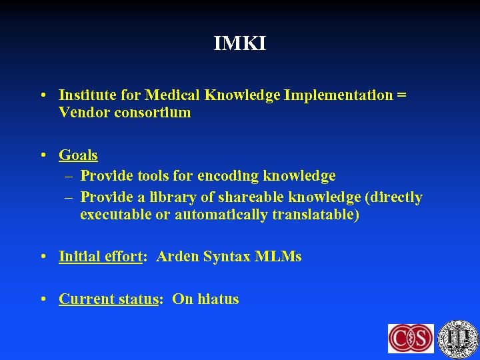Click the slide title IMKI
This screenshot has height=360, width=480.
tap(239, 44)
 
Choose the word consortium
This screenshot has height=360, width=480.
tap(150, 113)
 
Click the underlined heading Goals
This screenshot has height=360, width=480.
tap(78, 155)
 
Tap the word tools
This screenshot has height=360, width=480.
tap(154, 176)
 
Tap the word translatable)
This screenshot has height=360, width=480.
tap(315, 215)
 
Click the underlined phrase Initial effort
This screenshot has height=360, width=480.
tap(101, 257)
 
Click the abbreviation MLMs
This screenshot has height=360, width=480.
tap(278, 257)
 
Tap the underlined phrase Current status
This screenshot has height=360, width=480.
tap(107, 299)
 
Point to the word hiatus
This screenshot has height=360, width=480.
tap(217, 299)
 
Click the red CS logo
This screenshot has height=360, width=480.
tap(411, 338)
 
